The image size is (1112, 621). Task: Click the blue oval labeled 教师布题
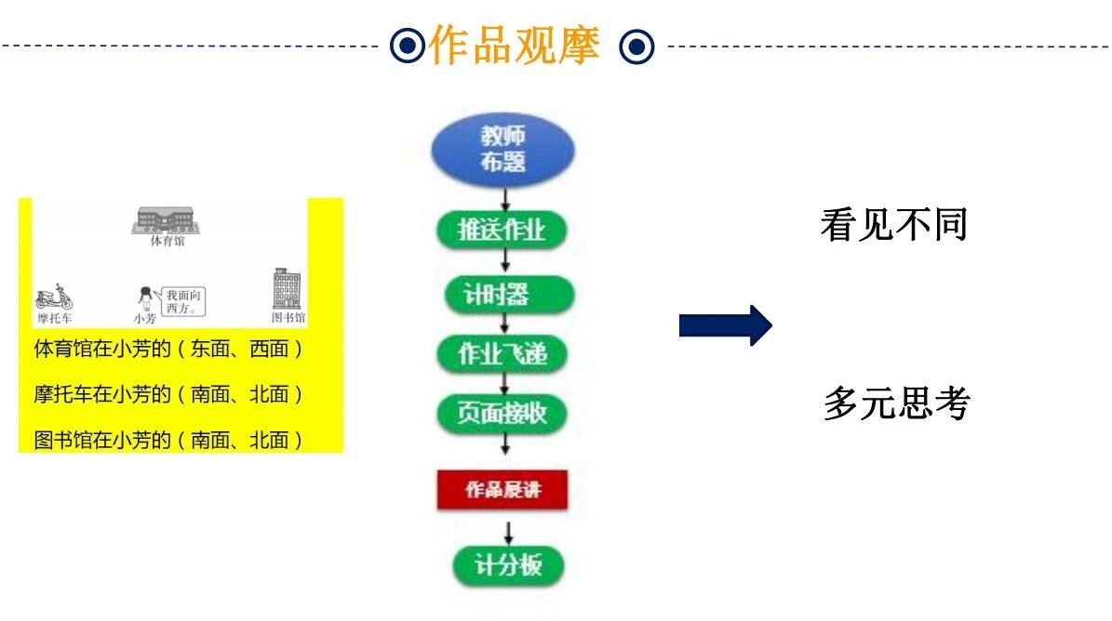click(502, 150)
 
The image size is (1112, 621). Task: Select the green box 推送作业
click(502, 231)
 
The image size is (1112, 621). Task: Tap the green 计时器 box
click(502, 294)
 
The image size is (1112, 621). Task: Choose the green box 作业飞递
click(502, 354)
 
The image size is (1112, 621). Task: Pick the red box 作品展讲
click(502, 490)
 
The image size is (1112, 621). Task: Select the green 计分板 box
click(508, 565)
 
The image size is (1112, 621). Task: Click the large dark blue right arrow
click(725, 325)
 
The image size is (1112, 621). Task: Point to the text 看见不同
click(893, 225)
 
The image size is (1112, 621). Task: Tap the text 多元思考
click(897, 403)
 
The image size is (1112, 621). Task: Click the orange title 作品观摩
click(514, 45)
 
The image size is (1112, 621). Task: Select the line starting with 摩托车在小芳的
click(167, 395)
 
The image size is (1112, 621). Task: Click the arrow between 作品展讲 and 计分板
click(508, 532)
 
